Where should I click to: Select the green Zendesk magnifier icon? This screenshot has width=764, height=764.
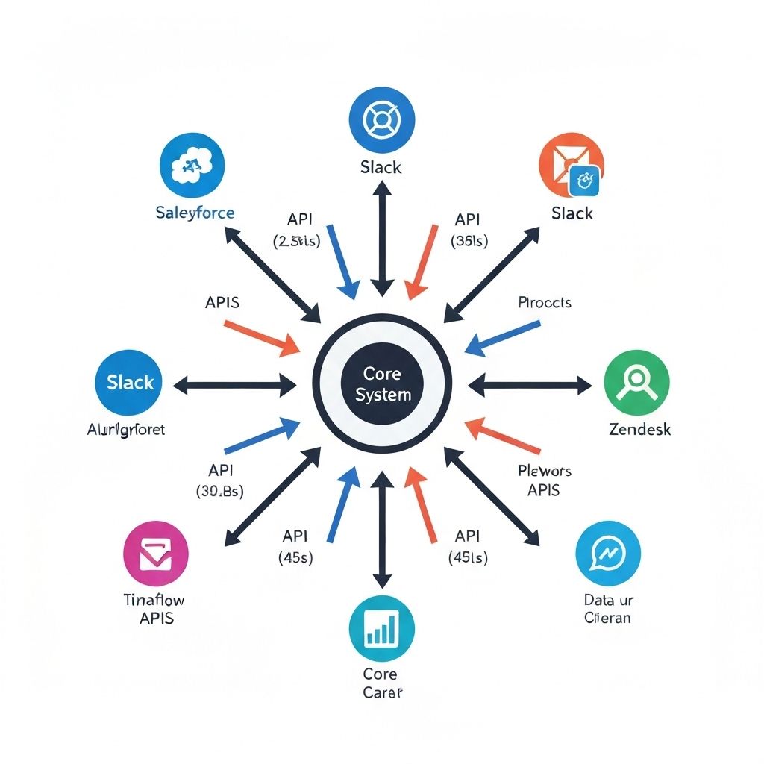point(636,383)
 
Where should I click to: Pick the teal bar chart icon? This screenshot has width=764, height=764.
point(382,627)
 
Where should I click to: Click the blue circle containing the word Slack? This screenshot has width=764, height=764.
point(130,383)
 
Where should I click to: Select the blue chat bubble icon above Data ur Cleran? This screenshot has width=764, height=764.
point(608,554)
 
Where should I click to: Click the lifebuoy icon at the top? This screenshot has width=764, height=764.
point(381,119)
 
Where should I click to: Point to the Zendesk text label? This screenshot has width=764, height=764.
point(639,430)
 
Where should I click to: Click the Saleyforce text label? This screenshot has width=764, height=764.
point(195,213)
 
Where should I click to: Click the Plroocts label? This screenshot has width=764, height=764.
point(544,302)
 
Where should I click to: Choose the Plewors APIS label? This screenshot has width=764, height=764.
point(544,480)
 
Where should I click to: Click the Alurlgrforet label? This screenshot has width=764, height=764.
point(126,430)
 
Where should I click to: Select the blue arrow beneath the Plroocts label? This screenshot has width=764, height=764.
point(504,336)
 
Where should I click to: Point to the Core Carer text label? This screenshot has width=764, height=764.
point(381,683)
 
